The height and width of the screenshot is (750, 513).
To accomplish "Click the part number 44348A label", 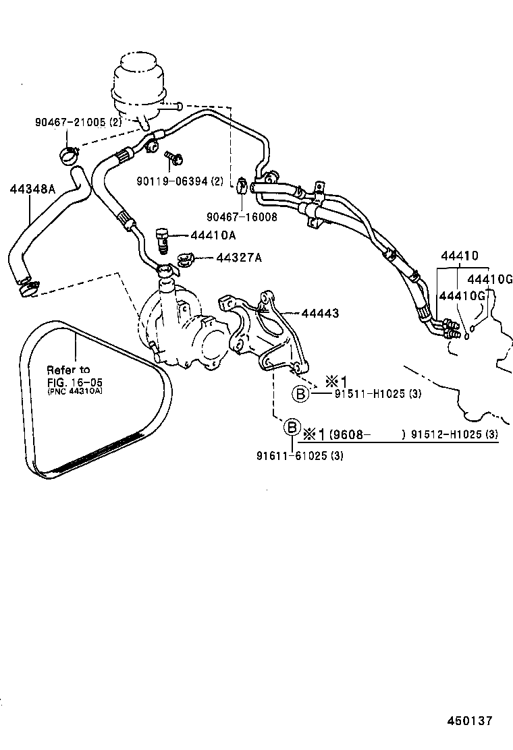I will point(32,189).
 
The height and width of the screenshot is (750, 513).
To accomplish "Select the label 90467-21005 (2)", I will point(78,122).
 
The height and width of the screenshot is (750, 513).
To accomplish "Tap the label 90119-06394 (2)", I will point(180,181).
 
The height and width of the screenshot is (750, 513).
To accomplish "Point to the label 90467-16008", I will point(242,216).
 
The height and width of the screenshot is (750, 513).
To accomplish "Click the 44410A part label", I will point(213,235).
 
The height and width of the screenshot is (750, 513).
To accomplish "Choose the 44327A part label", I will point(239,258).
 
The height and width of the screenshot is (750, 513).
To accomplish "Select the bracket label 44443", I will point(320,313).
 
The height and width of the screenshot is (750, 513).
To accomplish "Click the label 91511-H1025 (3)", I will point(377,394).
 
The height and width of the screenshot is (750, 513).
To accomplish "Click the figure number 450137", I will point(469,720).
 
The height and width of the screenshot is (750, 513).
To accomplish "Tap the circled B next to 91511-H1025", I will point(300,394).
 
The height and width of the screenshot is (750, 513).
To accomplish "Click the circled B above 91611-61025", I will point(291,427).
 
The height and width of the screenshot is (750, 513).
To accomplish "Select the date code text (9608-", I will point(350,434).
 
